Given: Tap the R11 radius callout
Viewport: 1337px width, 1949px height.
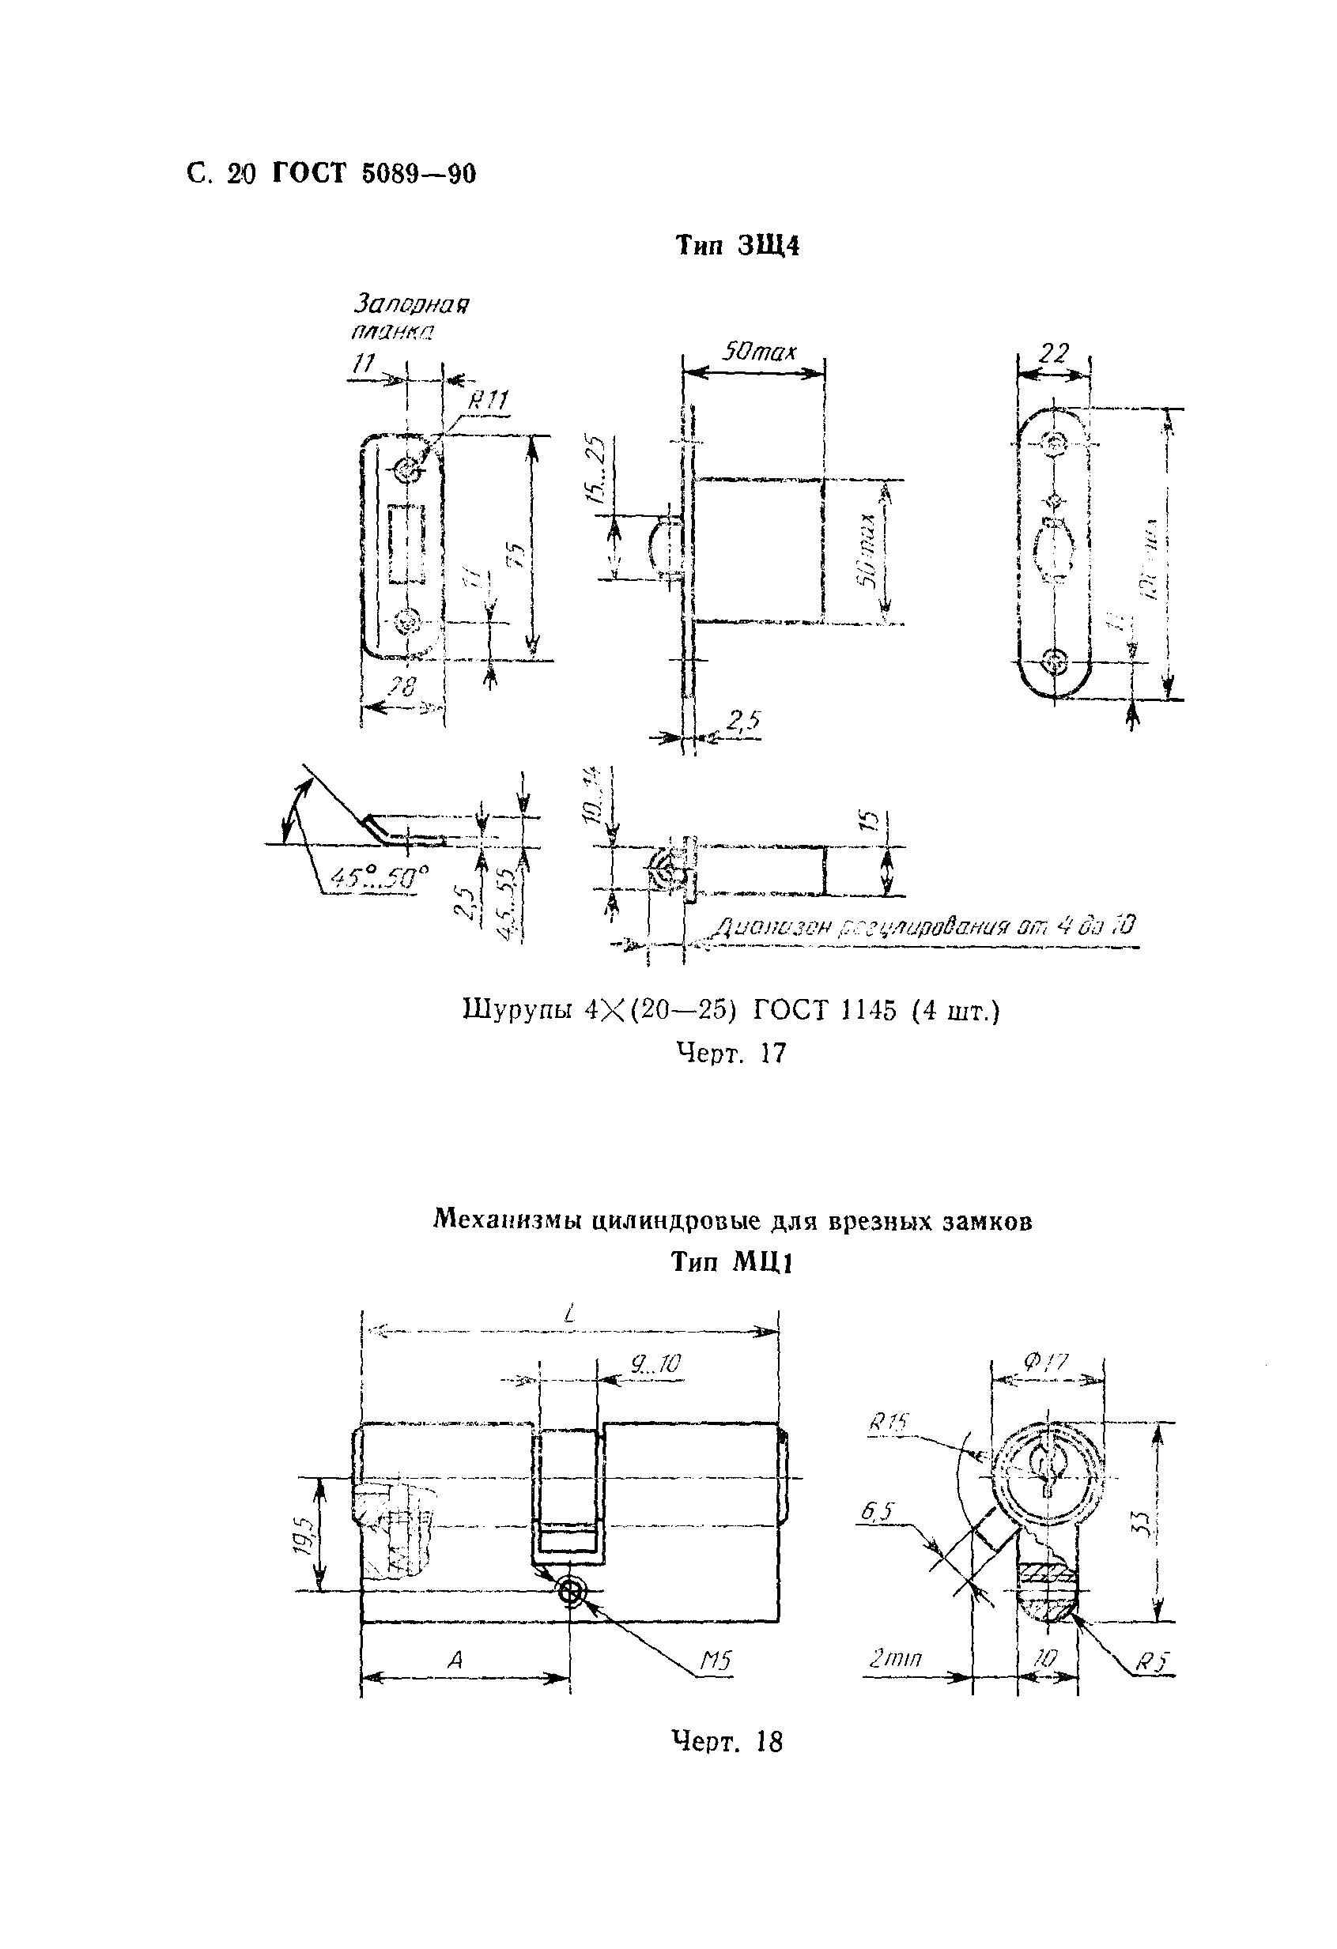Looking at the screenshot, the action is (487, 401).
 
